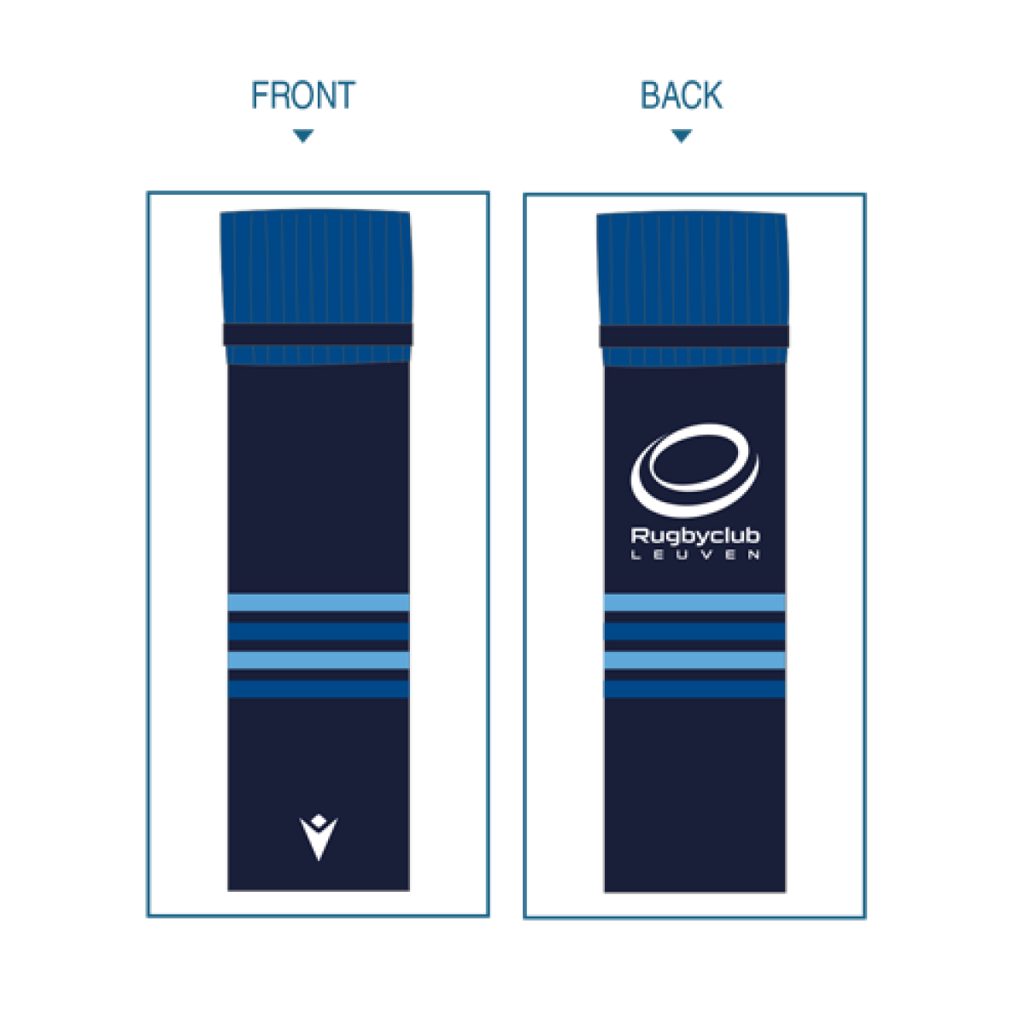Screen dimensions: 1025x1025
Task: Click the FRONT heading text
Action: [x=302, y=96]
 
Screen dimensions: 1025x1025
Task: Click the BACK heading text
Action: [x=682, y=96]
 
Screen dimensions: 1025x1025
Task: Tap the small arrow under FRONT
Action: [x=303, y=135]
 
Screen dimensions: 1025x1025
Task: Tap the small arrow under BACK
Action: [x=681, y=136]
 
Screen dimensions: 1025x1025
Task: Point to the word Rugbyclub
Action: [x=695, y=536]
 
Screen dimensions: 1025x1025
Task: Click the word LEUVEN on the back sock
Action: [x=695, y=555]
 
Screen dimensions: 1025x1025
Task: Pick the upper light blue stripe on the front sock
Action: [x=319, y=603]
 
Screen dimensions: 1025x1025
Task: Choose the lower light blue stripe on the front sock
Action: [x=319, y=660]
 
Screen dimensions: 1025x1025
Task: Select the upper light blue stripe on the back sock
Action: [x=694, y=603]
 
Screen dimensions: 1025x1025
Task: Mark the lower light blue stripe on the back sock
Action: [x=694, y=660]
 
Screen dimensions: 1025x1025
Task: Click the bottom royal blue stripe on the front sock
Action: [x=319, y=688]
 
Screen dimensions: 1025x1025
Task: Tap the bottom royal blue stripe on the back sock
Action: [x=694, y=688]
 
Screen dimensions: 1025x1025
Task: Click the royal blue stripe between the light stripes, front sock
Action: [x=319, y=631]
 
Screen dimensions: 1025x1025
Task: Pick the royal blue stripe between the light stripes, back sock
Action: [x=694, y=631]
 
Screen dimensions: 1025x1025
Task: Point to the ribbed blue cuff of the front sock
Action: [x=316, y=265]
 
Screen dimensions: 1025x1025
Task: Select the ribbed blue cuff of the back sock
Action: [x=692, y=265]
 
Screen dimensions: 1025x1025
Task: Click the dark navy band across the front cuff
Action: [x=317, y=334]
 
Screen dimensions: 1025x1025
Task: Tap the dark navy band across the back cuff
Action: [x=694, y=335]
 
